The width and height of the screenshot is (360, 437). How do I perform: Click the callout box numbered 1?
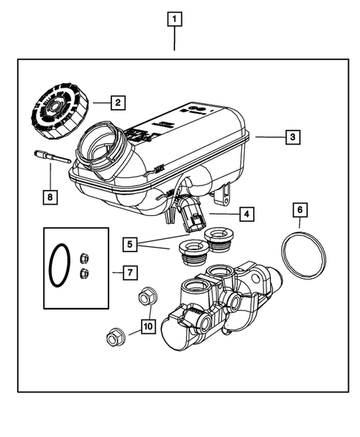coord(174,19)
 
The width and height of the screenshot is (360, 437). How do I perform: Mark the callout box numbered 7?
coord(129,272)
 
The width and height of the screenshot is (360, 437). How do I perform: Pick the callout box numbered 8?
coord(49,197)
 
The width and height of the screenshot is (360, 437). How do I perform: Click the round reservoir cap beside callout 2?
coord(56,111)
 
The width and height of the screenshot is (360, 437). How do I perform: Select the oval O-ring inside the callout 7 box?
coord(60,266)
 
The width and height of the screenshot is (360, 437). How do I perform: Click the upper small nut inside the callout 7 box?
coord(83,259)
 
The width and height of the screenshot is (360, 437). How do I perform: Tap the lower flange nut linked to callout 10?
coord(116,338)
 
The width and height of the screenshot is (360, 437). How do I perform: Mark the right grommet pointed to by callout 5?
coord(219,240)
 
